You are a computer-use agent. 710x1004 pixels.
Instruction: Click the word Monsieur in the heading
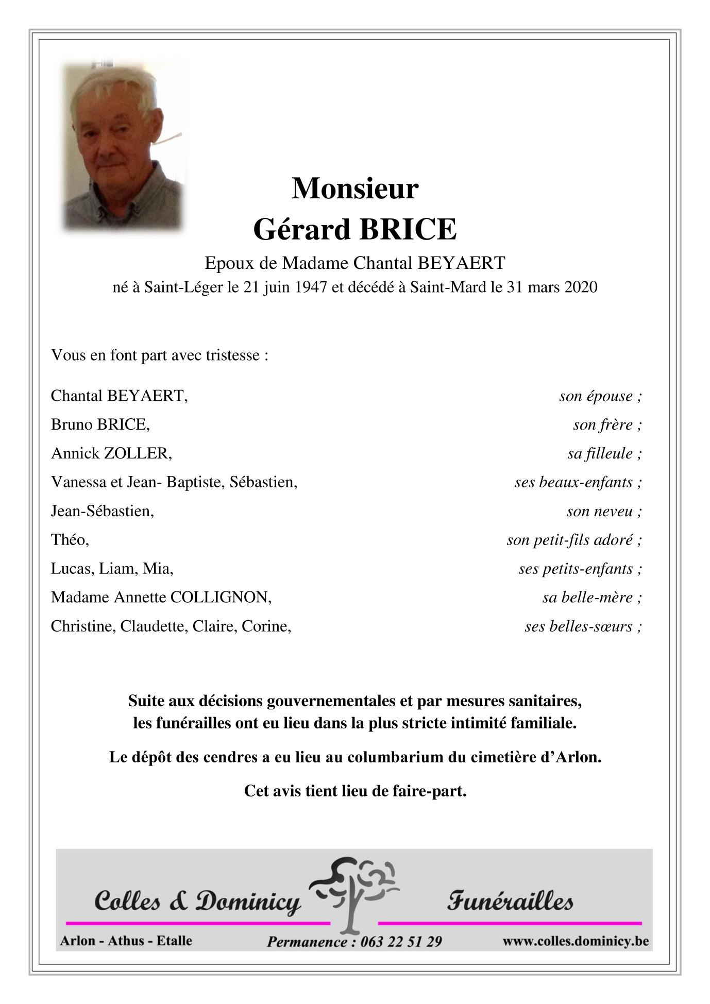tap(355, 189)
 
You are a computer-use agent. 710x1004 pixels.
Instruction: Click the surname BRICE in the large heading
tap(408, 229)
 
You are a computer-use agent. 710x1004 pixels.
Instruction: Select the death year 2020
tap(581, 287)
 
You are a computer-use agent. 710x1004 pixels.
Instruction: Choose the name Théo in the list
tap(69, 540)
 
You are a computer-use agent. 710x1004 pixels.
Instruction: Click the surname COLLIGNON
tap(220, 598)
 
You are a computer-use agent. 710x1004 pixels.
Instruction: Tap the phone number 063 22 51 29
tap(401, 942)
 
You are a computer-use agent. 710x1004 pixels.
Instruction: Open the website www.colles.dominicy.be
tap(576, 941)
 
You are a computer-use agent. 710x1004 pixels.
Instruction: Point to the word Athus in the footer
tap(127, 941)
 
